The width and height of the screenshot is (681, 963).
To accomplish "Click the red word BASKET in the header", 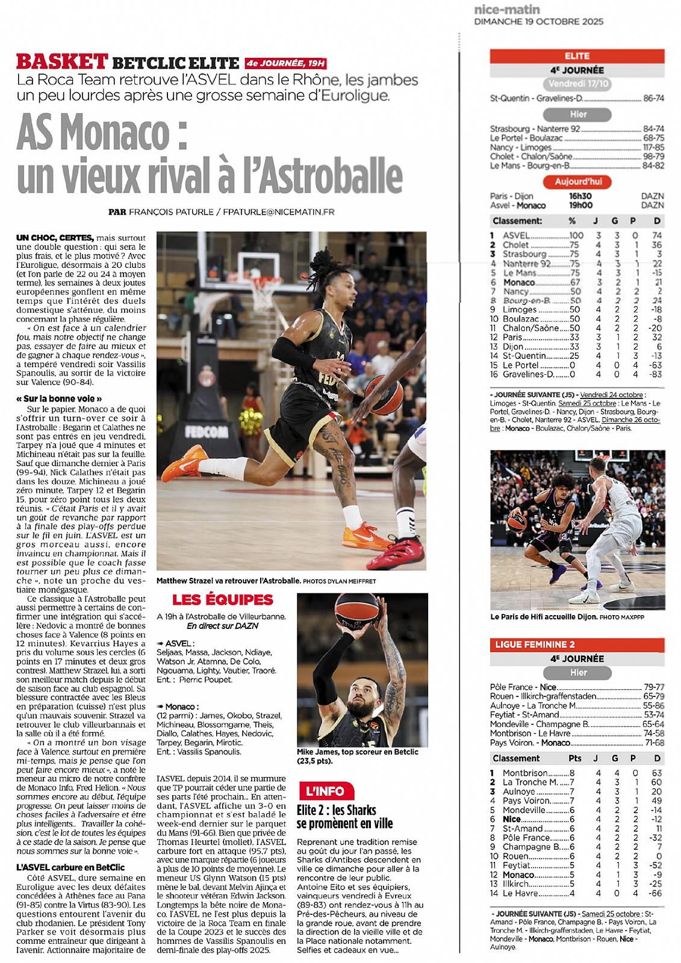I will (x=62, y=62).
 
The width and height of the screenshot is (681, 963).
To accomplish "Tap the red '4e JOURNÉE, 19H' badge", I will (x=286, y=63).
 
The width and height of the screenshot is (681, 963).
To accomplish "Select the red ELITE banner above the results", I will (x=577, y=56).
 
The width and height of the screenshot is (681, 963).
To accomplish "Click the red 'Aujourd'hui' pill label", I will (x=577, y=182).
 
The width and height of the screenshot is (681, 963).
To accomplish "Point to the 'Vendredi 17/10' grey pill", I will (x=578, y=84).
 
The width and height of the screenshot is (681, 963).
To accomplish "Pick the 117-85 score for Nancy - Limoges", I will (x=653, y=147).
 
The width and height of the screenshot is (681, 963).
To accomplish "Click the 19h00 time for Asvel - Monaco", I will (x=580, y=205).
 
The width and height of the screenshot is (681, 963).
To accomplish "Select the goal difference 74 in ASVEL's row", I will (x=657, y=235).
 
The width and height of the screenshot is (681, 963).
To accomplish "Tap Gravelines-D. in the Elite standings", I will (x=528, y=374).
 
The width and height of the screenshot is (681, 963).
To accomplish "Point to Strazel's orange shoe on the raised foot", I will (x=184, y=463).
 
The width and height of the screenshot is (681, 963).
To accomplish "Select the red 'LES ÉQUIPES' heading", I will (x=223, y=599).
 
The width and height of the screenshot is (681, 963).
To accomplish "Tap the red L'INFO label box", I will (x=325, y=791).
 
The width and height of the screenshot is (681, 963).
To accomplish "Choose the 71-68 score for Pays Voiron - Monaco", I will (x=655, y=743).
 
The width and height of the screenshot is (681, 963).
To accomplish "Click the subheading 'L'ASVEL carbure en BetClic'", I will (x=70, y=867).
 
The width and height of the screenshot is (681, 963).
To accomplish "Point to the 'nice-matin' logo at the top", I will (x=507, y=10).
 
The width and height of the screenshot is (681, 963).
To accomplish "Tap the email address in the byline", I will (x=278, y=212).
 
